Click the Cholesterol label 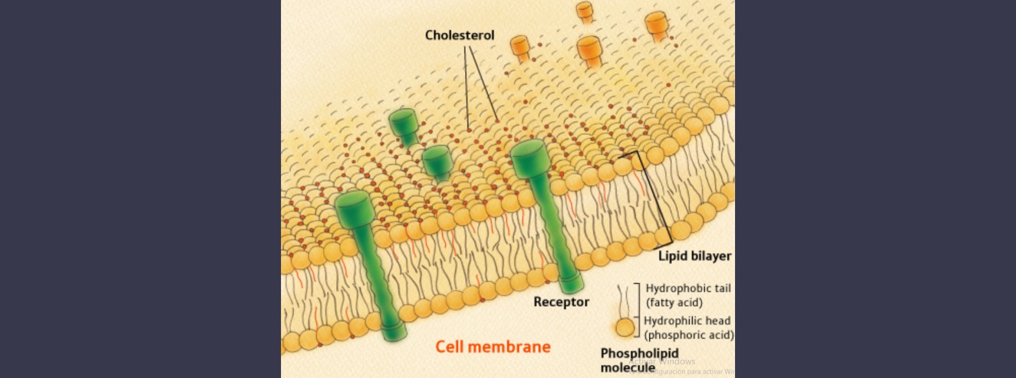point(459,35)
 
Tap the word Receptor point(561,302)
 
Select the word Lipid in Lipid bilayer point(672,256)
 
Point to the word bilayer point(710,256)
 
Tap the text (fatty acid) point(674,303)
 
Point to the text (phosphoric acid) point(688,335)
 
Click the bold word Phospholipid point(639,353)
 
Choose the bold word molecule point(628,367)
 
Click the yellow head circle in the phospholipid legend point(625,328)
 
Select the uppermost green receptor point(403,122)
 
